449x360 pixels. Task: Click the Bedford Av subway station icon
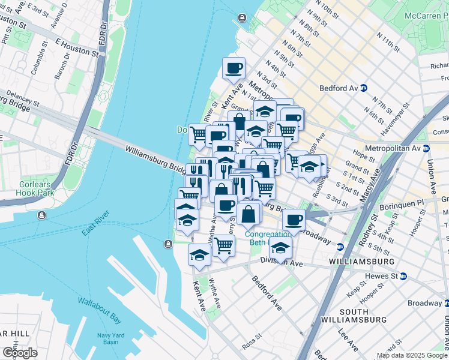click(x=364, y=88)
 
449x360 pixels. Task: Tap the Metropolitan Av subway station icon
click(x=426, y=148)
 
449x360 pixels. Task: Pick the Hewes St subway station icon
click(x=403, y=276)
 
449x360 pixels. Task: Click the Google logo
click(x=20, y=352)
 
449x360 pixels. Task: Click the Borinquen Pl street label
click(x=405, y=205)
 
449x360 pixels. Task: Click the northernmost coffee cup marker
click(x=234, y=68)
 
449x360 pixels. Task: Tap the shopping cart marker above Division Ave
click(x=223, y=245)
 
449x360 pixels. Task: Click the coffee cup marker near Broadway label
click(x=294, y=220)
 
